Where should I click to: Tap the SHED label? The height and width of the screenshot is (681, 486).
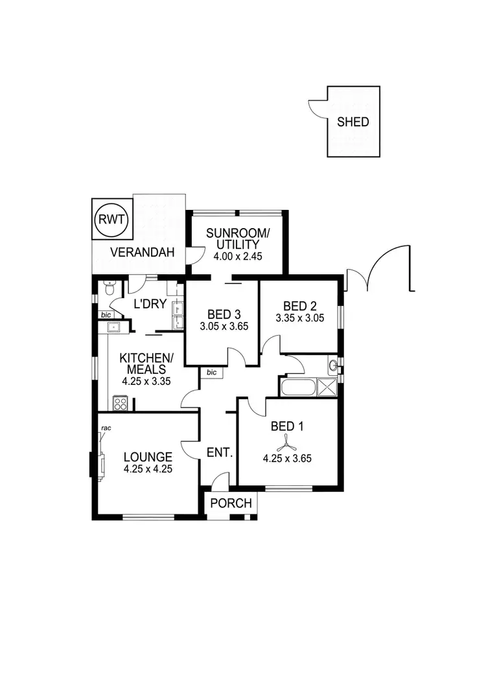tap(353, 122)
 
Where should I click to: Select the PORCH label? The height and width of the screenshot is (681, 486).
tap(231, 503)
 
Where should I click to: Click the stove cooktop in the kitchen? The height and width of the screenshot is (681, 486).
tap(120, 403)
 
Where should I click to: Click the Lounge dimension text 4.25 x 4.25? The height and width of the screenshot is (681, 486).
tap(148, 469)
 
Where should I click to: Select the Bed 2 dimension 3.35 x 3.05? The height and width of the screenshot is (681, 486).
tap(299, 318)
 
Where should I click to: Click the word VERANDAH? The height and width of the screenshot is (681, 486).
tap(142, 253)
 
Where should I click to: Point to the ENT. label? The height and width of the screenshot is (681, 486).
tap(219, 452)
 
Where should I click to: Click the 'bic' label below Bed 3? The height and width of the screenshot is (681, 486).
tap(211, 373)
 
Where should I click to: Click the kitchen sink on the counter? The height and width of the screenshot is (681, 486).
tap(115, 327)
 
